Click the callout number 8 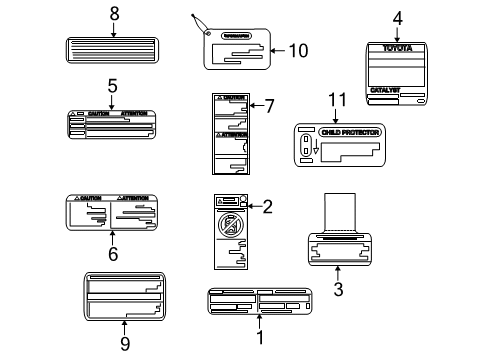click(113, 13)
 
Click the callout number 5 click(112, 87)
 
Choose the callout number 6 click(113, 254)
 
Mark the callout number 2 click(266, 207)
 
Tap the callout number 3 click(338, 289)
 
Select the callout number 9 click(125, 344)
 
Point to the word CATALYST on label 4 click(385, 89)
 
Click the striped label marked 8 click(113, 51)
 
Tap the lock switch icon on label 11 click(304, 146)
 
